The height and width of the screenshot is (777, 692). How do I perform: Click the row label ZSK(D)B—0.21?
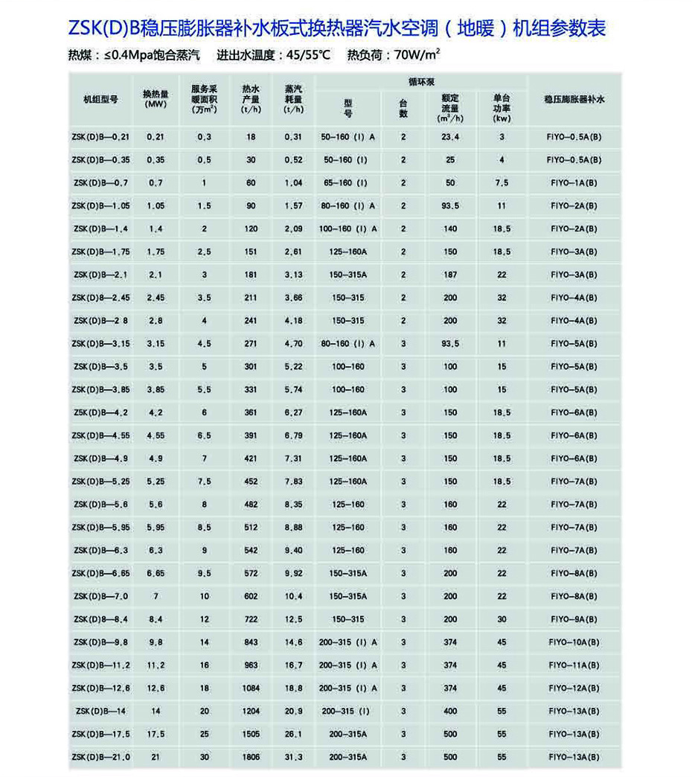(x=101, y=137)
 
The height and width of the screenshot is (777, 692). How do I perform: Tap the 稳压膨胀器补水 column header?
(x=571, y=98)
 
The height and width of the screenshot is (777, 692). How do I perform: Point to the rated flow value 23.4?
(x=450, y=137)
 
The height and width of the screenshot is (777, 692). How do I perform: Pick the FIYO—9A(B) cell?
(x=571, y=619)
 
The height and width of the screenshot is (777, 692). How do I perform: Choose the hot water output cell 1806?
(x=251, y=757)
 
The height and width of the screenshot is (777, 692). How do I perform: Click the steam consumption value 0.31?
(x=294, y=137)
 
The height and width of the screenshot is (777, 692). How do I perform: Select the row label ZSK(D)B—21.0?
(x=101, y=757)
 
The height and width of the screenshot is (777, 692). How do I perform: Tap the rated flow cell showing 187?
(x=450, y=275)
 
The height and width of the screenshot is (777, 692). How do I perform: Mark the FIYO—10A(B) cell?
(x=571, y=642)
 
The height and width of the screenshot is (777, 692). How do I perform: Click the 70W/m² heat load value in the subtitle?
(x=415, y=54)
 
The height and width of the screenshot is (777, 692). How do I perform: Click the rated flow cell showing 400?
(x=450, y=712)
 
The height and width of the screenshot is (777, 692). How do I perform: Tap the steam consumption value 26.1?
(x=294, y=734)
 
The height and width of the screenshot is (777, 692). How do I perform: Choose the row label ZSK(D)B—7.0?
(x=101, y=596)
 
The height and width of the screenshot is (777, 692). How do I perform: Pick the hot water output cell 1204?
(x=251, y=712)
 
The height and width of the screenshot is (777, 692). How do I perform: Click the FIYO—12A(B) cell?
(x=571, y=688)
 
